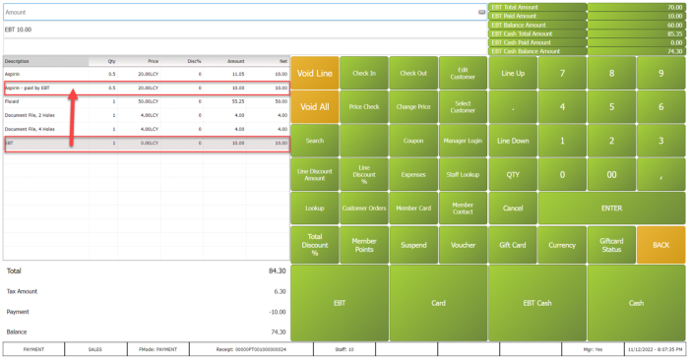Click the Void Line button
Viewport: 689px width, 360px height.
[x=315, y=74]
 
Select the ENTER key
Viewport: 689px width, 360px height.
[x=611, y=209]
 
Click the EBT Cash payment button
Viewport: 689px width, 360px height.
[x=536, y=303]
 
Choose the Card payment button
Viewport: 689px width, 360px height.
[x=438, y=303]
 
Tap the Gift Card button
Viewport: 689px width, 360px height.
[x=512, y=244]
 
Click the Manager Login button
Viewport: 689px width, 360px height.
[x=463, y=141]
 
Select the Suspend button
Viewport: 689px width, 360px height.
[x=413, y=244]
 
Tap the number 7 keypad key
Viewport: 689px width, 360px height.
[x=562, y=74]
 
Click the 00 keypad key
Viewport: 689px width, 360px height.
[x=611, y=174]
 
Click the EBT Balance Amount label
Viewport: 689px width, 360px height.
[x=519, y=25]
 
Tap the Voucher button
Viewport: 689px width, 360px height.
[x=463, y=244]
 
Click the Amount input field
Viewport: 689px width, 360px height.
[x=241, y=12]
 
